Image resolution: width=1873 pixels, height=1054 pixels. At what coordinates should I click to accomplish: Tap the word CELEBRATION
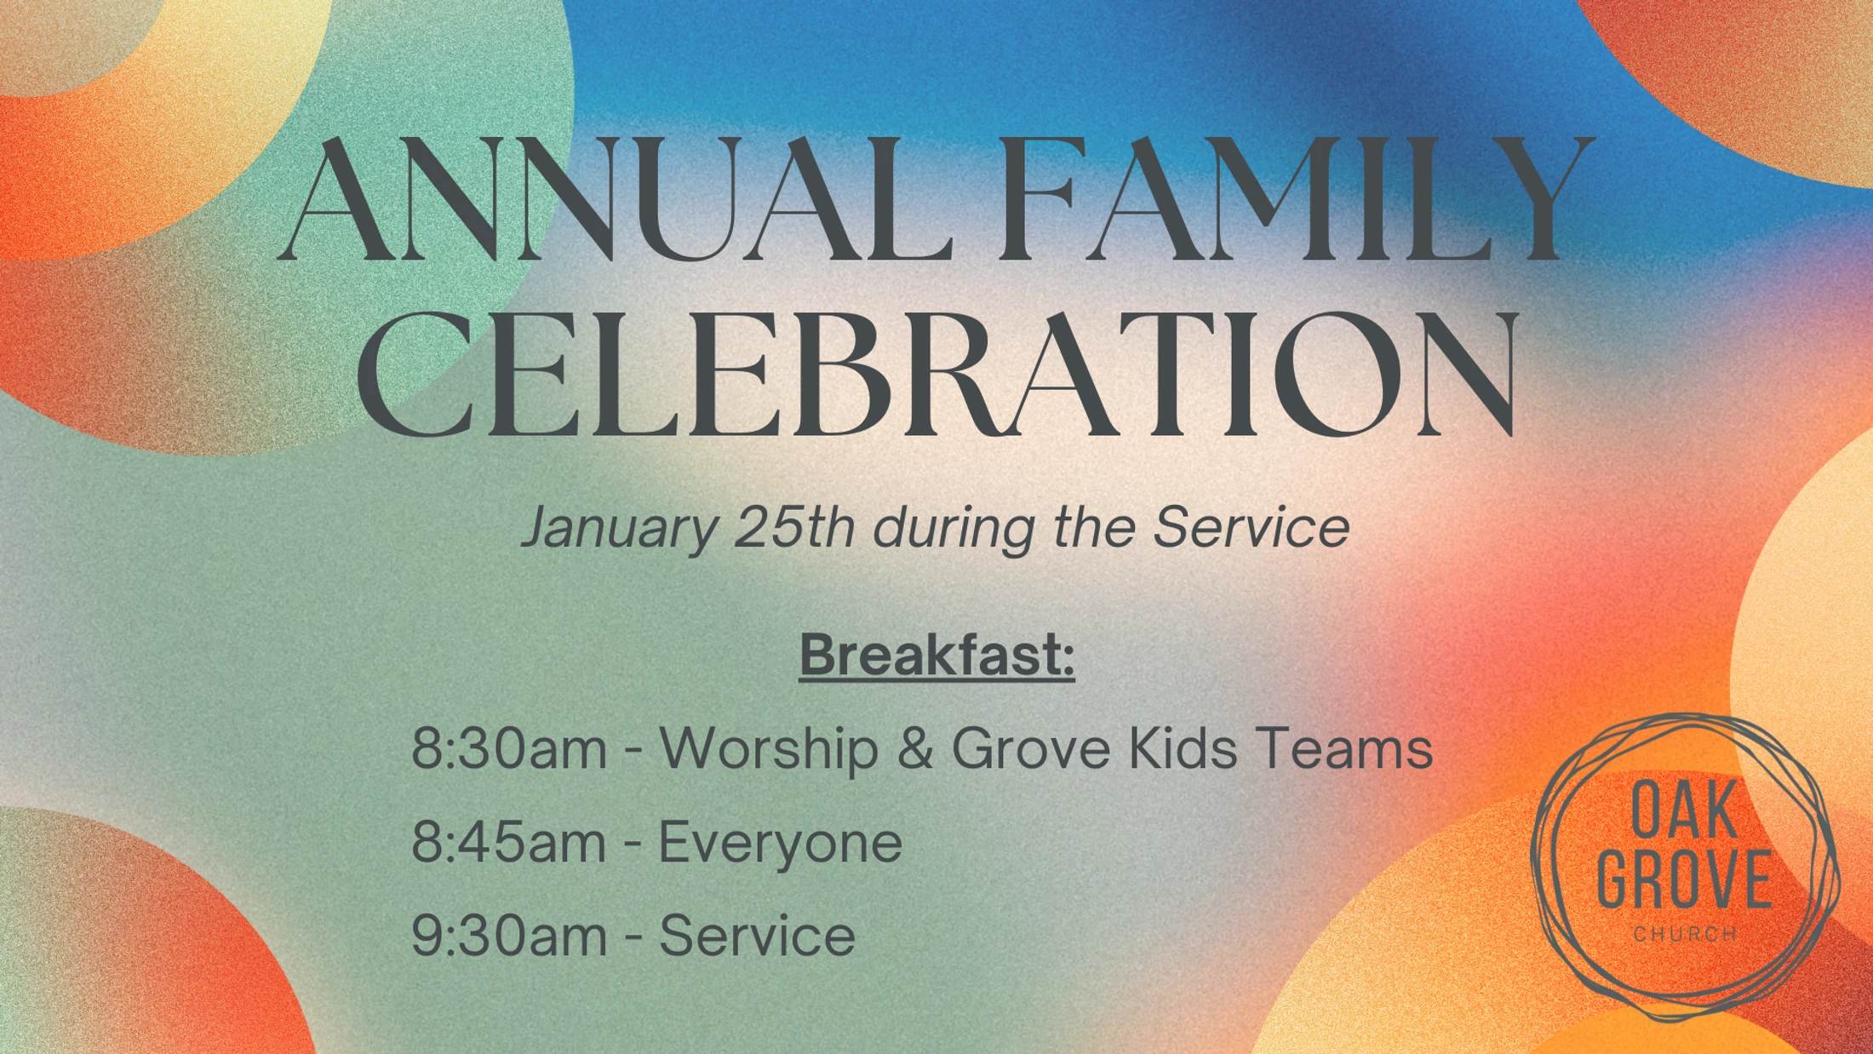pos(936,375)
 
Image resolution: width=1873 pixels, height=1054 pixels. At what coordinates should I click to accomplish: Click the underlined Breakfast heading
pos(936,656)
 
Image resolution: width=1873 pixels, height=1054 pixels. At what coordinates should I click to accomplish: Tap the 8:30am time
pos(508,749)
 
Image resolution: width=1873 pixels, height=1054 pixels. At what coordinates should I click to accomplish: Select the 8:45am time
pos(508,843)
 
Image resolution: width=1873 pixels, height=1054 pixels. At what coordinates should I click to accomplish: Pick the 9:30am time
pos(508,936)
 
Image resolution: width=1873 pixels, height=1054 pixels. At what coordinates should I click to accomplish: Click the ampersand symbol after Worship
pos(914,749)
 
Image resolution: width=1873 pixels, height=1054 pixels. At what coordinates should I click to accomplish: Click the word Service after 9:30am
pos(757,936)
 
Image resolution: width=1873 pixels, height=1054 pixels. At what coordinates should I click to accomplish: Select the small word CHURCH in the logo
pos(1685,935)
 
